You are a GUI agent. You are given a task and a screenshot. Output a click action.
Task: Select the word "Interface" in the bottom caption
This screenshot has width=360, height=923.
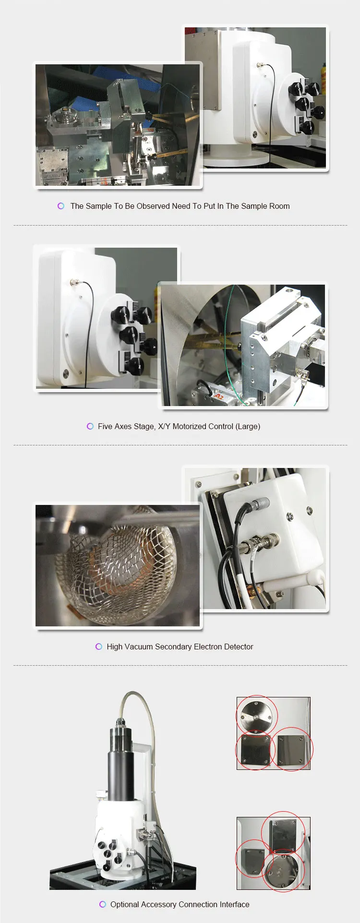(235, 904)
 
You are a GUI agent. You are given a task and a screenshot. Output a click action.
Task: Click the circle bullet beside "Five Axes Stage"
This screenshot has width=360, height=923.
(90, 426)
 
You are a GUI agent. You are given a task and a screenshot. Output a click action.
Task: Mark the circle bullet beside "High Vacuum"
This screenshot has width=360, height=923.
(99, 647)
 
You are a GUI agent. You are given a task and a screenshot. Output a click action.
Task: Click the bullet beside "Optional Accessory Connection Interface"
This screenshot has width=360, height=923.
(103, 904)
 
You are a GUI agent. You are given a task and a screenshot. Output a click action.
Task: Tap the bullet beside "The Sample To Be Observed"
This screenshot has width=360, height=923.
(61, 206)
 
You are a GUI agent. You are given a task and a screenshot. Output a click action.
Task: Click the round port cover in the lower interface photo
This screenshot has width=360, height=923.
(283, 870)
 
